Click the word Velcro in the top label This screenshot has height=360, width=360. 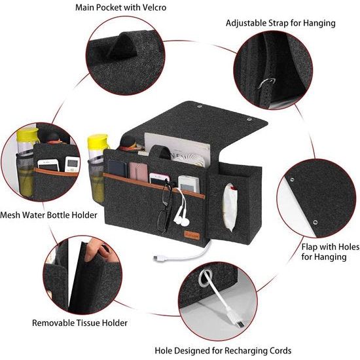point(154,7)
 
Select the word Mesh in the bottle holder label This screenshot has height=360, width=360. point(10,215)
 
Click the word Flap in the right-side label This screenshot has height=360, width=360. point(309,247)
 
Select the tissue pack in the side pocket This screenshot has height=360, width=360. point(230,207)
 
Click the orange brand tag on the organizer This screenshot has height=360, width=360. point(192,236)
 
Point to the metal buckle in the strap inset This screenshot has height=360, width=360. point(266,83)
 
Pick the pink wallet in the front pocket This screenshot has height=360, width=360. point(139,171)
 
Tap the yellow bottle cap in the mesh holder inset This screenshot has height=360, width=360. point(27,135)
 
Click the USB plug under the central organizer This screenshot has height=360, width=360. point(158,259)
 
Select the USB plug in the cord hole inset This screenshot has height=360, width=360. point(240,323)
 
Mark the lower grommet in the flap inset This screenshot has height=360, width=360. point(315,222)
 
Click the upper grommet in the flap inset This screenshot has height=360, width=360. point(292,179)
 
